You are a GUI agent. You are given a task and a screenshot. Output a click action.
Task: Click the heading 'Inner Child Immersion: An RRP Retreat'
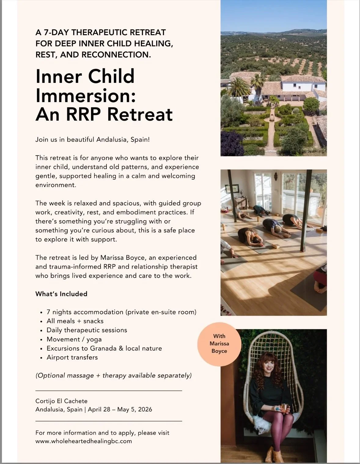[x=104, y=95]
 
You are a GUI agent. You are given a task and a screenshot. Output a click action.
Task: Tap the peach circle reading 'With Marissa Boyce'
[x=219, y=344]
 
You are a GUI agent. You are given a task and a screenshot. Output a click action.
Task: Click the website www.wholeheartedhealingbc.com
[x=83, y=441]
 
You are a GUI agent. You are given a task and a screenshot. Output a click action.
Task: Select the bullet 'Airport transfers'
[x=72, y=357]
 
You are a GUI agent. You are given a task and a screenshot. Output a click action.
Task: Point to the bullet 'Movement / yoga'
[x=74, y=339]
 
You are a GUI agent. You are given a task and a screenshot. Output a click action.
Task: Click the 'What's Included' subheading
[x=61, y=294]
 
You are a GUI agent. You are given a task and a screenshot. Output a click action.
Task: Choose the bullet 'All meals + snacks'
[x=75, y=321]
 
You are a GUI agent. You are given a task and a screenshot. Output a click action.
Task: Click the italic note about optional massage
[x=113, y=375]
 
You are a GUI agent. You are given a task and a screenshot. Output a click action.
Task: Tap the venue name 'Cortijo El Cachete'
[x=61, y=401]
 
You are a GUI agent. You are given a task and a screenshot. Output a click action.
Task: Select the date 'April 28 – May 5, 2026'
[x=120, y=409]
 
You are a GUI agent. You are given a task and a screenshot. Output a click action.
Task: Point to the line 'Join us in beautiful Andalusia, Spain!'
[x=93, y=140]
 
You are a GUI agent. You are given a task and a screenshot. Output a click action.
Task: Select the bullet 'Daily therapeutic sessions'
[x=87, y=330]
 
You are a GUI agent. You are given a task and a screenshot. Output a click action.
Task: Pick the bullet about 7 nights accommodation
[x=121, y=312]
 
